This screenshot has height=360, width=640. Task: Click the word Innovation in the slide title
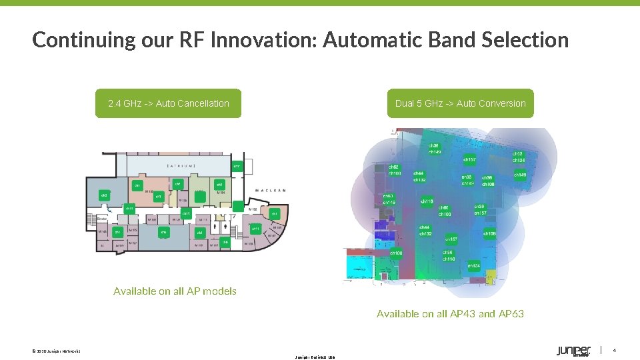coord(265,40)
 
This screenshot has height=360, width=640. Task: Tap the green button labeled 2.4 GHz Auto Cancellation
coord(168,103)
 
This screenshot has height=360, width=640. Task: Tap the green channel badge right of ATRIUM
coord(236,166)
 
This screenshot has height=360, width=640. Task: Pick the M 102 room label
coord(253,209)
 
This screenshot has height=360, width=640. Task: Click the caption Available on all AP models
coord(175,291)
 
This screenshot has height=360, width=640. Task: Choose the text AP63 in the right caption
coord(511,313)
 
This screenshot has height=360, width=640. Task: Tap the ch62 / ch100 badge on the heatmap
coord(395,171)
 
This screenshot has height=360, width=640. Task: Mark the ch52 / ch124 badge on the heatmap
coord(519,157)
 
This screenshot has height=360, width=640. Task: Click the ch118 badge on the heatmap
coord(427,201)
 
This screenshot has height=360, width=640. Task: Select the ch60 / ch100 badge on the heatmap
coord(445,211)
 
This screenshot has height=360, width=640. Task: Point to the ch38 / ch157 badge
coord(480,210)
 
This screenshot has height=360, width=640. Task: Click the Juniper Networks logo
coord(573,351)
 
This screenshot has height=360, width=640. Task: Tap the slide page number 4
coord(615,351)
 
